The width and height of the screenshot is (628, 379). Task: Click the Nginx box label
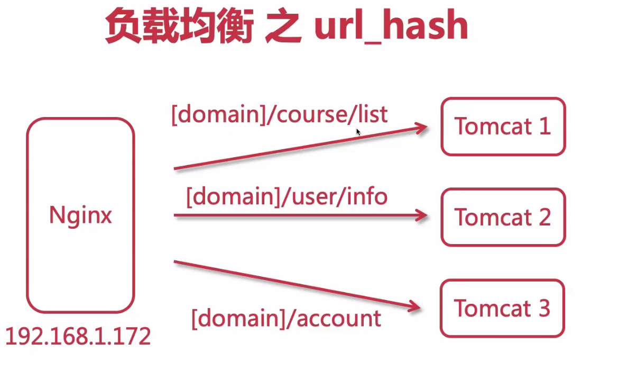80,216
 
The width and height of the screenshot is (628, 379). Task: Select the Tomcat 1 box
503,127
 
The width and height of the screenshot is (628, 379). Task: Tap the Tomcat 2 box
503,217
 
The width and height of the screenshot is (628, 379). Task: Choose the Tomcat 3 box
502,309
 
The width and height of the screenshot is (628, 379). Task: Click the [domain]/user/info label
287,197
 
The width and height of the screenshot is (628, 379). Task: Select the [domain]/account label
286,318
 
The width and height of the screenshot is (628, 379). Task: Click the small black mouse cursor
358,131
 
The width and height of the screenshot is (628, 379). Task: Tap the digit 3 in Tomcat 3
543,309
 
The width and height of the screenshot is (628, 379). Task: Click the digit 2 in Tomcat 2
543,217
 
